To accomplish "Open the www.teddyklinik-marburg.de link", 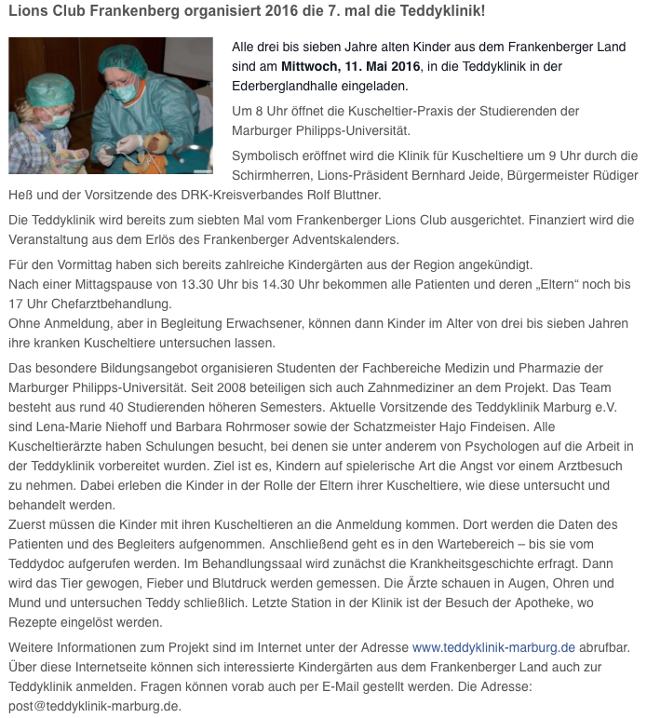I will coord(493,646).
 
